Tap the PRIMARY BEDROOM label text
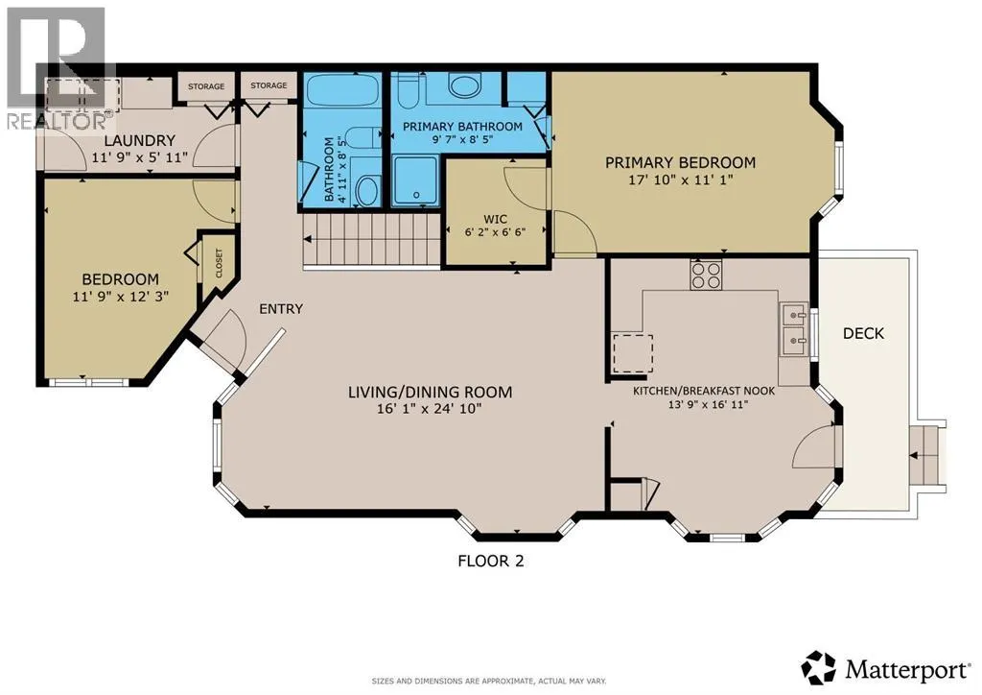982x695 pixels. [680, 162]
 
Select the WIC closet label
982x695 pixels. [495, 219]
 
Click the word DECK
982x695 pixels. [862, 333]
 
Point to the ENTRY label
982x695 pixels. [281, 309]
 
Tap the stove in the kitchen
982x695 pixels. [706, 276]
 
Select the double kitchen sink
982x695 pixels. [793, 326]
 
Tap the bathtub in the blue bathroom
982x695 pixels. [342, 96]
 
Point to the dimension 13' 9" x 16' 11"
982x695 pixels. [703, 404]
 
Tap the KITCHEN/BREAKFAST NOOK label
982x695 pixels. [703, 390]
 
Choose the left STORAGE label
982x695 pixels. [205, 86]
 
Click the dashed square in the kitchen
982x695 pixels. [633, 352]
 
